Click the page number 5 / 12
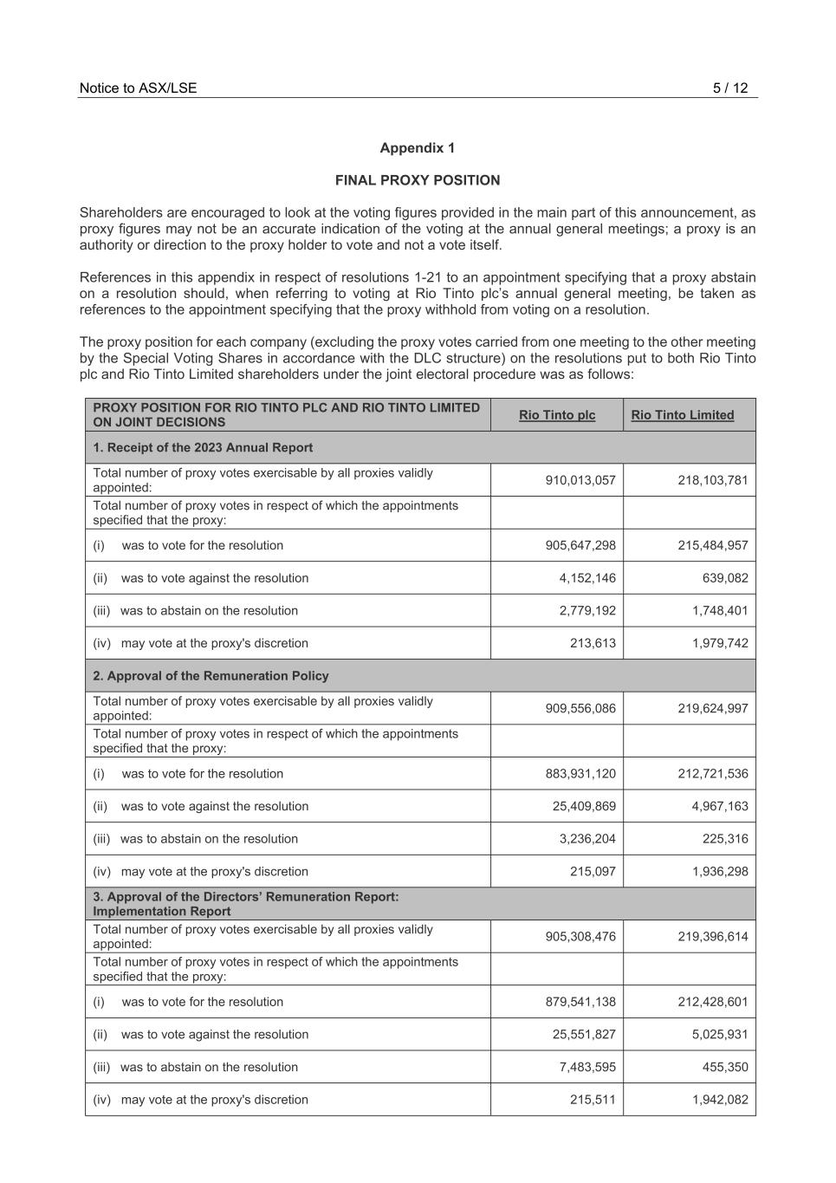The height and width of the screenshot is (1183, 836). tap(729, 88)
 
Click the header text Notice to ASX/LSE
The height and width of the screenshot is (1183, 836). tap(138, 88)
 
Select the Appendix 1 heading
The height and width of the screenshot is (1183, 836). tap(417, 148)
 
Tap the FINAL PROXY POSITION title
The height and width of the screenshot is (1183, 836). tap(417, 180)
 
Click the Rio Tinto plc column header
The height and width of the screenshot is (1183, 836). tap(557, 415)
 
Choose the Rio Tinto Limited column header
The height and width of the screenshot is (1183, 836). tap(682, 415)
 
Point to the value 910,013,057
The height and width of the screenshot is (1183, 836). tap(580, 480)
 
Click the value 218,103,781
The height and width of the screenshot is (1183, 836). tap(712, 480)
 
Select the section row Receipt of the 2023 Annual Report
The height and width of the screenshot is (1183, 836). tap(203, 447)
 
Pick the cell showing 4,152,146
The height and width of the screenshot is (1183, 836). tap(587, 578)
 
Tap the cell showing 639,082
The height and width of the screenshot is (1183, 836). tap(726, 578)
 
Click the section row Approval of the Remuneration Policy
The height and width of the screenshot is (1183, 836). tap(211, 676)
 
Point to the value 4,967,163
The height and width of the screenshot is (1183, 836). tap(719, 806)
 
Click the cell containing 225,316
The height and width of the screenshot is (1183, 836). tap(726, 839)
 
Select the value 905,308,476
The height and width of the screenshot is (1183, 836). tap(580, 937)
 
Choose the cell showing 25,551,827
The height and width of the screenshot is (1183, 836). tap(584, 1035)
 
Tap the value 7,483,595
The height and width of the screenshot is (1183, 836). tap(587, 1067)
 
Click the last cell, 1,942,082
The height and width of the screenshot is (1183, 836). tap(719, 1100)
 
